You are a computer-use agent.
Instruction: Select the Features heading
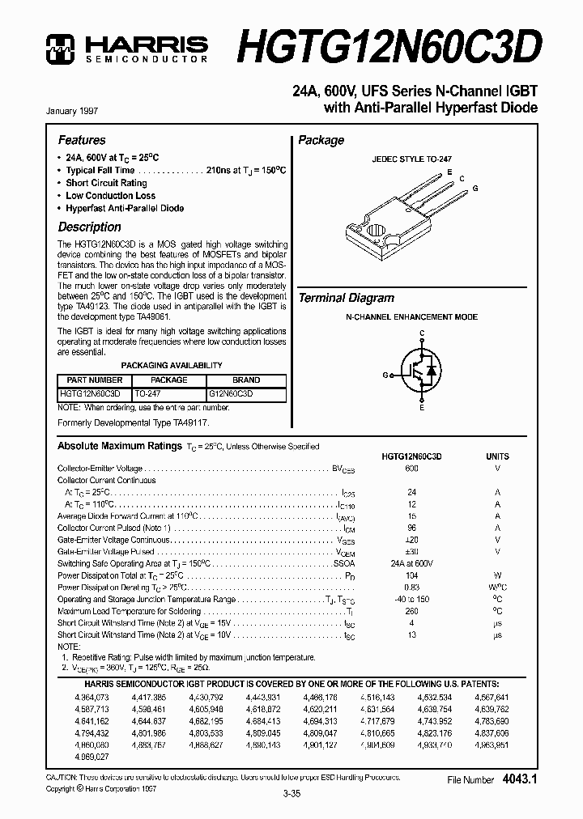[x=82, y=140]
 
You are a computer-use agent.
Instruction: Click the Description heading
[x=89, y=227]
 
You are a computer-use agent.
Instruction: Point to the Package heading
[x=321, y=140]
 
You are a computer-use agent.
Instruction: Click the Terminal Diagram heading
[x=346, y=298]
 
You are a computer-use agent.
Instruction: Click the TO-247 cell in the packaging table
[x=149, y=393]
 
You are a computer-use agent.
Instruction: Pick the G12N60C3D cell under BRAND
[x=231, y=393]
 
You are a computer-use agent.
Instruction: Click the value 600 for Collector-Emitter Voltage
[x=411, y=469]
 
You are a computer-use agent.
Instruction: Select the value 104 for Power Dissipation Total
[x=411, y=575]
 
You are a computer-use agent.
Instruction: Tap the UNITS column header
[x=497, y=456]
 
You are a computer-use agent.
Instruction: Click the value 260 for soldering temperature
[x=411, y=611]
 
